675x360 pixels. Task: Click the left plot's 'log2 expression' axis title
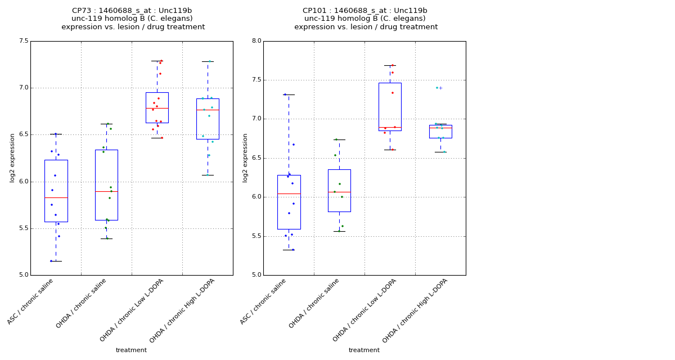12,158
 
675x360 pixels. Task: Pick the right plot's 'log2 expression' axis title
245,158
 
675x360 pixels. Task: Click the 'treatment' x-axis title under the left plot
131,350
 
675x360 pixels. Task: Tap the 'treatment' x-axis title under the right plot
364,350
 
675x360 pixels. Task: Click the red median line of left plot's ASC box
56,197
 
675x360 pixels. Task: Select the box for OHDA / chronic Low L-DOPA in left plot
157,107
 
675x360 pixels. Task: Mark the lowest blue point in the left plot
51,261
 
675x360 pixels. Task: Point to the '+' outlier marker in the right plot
440,88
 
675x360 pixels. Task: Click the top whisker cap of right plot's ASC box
289,94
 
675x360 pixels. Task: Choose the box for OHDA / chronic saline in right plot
339,190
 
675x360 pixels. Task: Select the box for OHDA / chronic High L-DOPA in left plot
208,119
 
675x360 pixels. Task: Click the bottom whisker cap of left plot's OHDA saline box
106,238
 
